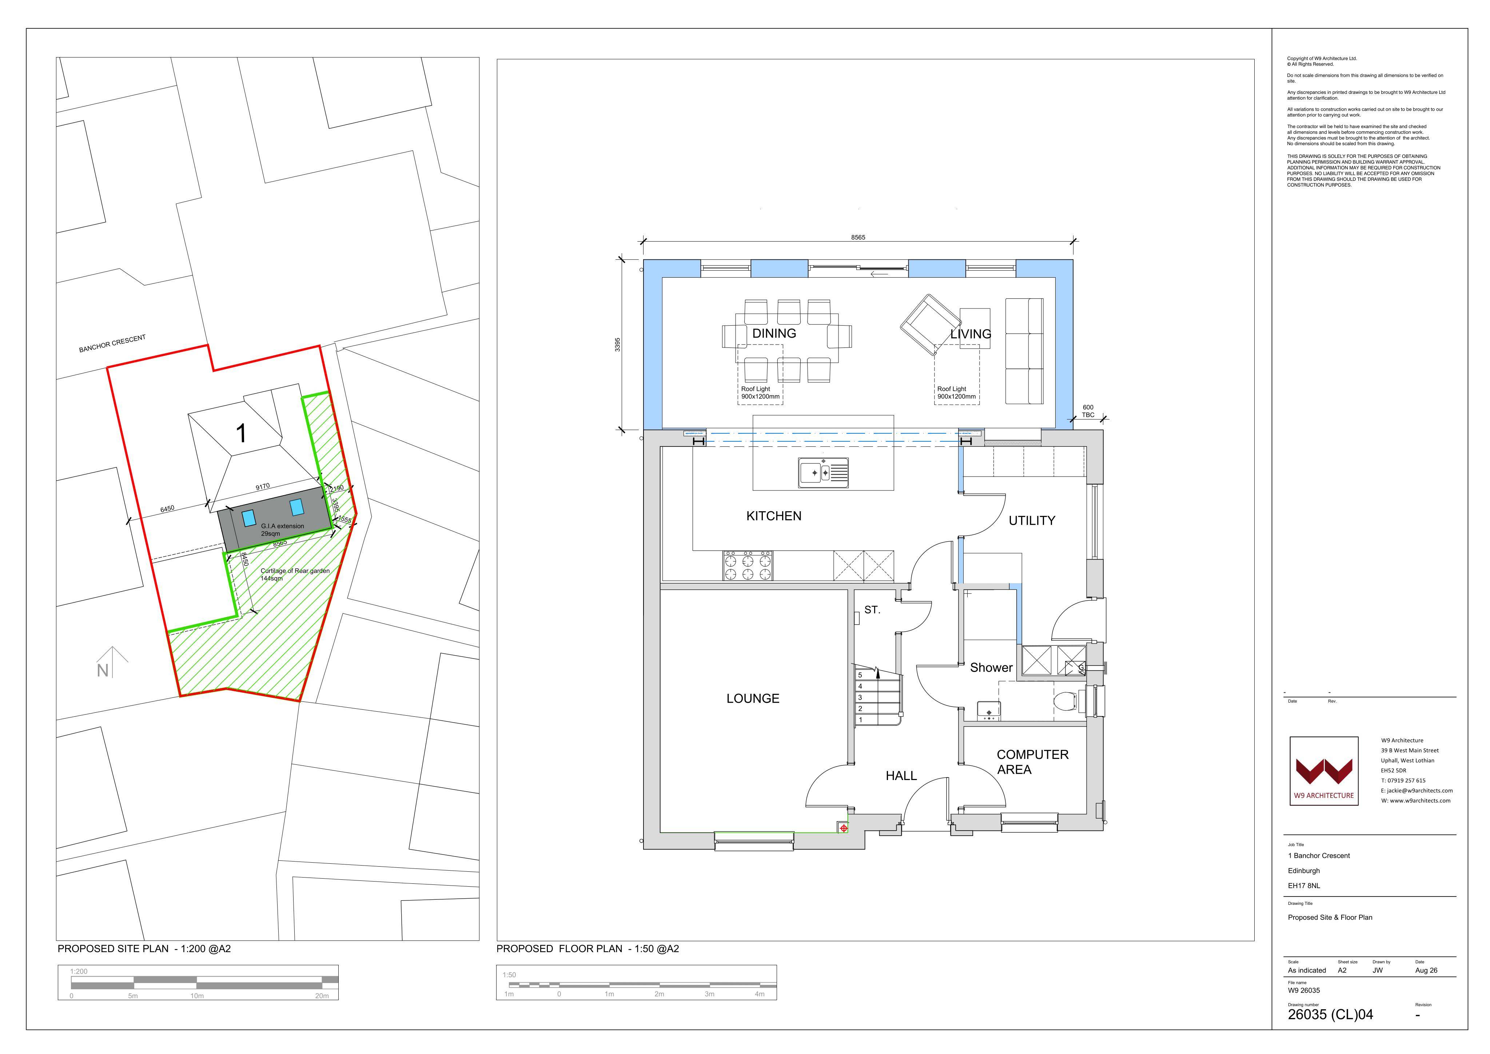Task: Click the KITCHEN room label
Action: (x=773, y=516)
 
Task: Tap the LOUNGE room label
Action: (x=753, y=698)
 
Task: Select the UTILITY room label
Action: (x=1032, y=521)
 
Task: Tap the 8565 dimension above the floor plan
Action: (x=858, y=238)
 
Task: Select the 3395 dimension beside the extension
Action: (x=618, y=345)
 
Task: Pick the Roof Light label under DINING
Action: (x=760, y=393)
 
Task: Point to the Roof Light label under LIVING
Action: (x=956, y=393)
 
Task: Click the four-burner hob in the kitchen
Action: (x=748, y=566)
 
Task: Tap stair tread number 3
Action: (x=861, y=698)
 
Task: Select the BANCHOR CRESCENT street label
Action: (x=112, y=344)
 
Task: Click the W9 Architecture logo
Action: (x=1324, y=771)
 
